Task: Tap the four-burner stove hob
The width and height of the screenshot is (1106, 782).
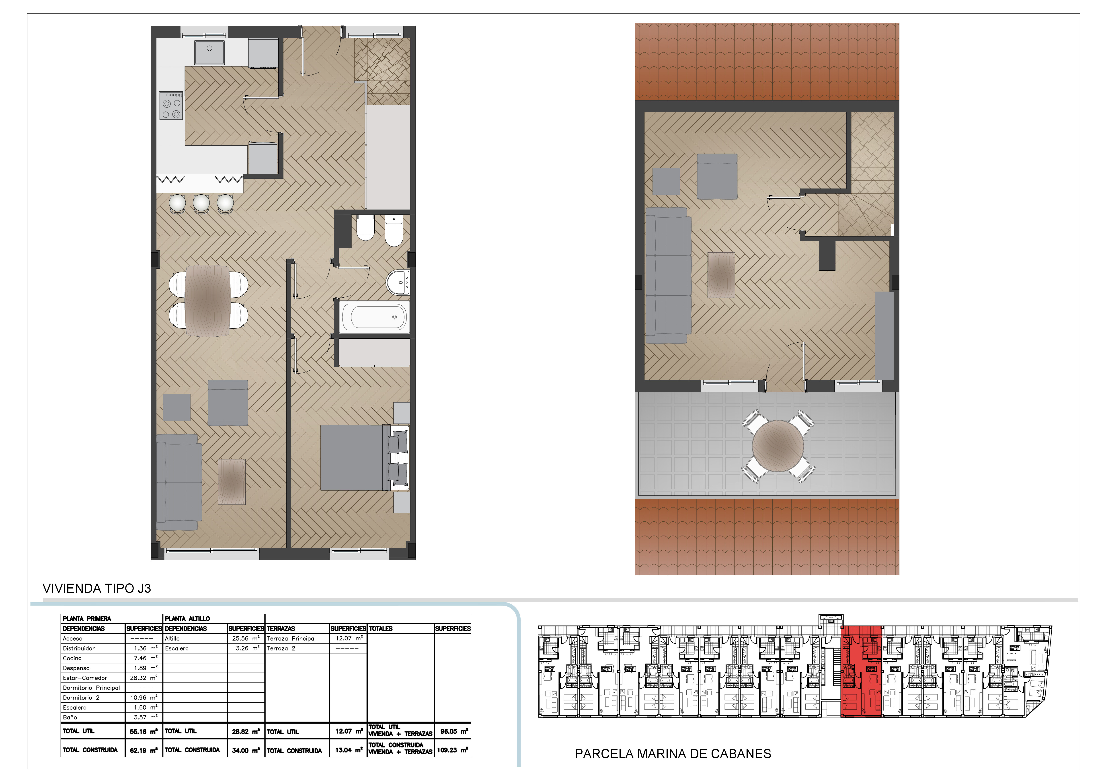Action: tap(171, 105)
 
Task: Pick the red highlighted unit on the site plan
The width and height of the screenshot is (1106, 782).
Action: tap(861, 671)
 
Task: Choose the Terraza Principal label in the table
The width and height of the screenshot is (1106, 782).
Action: tap(291, 638)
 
